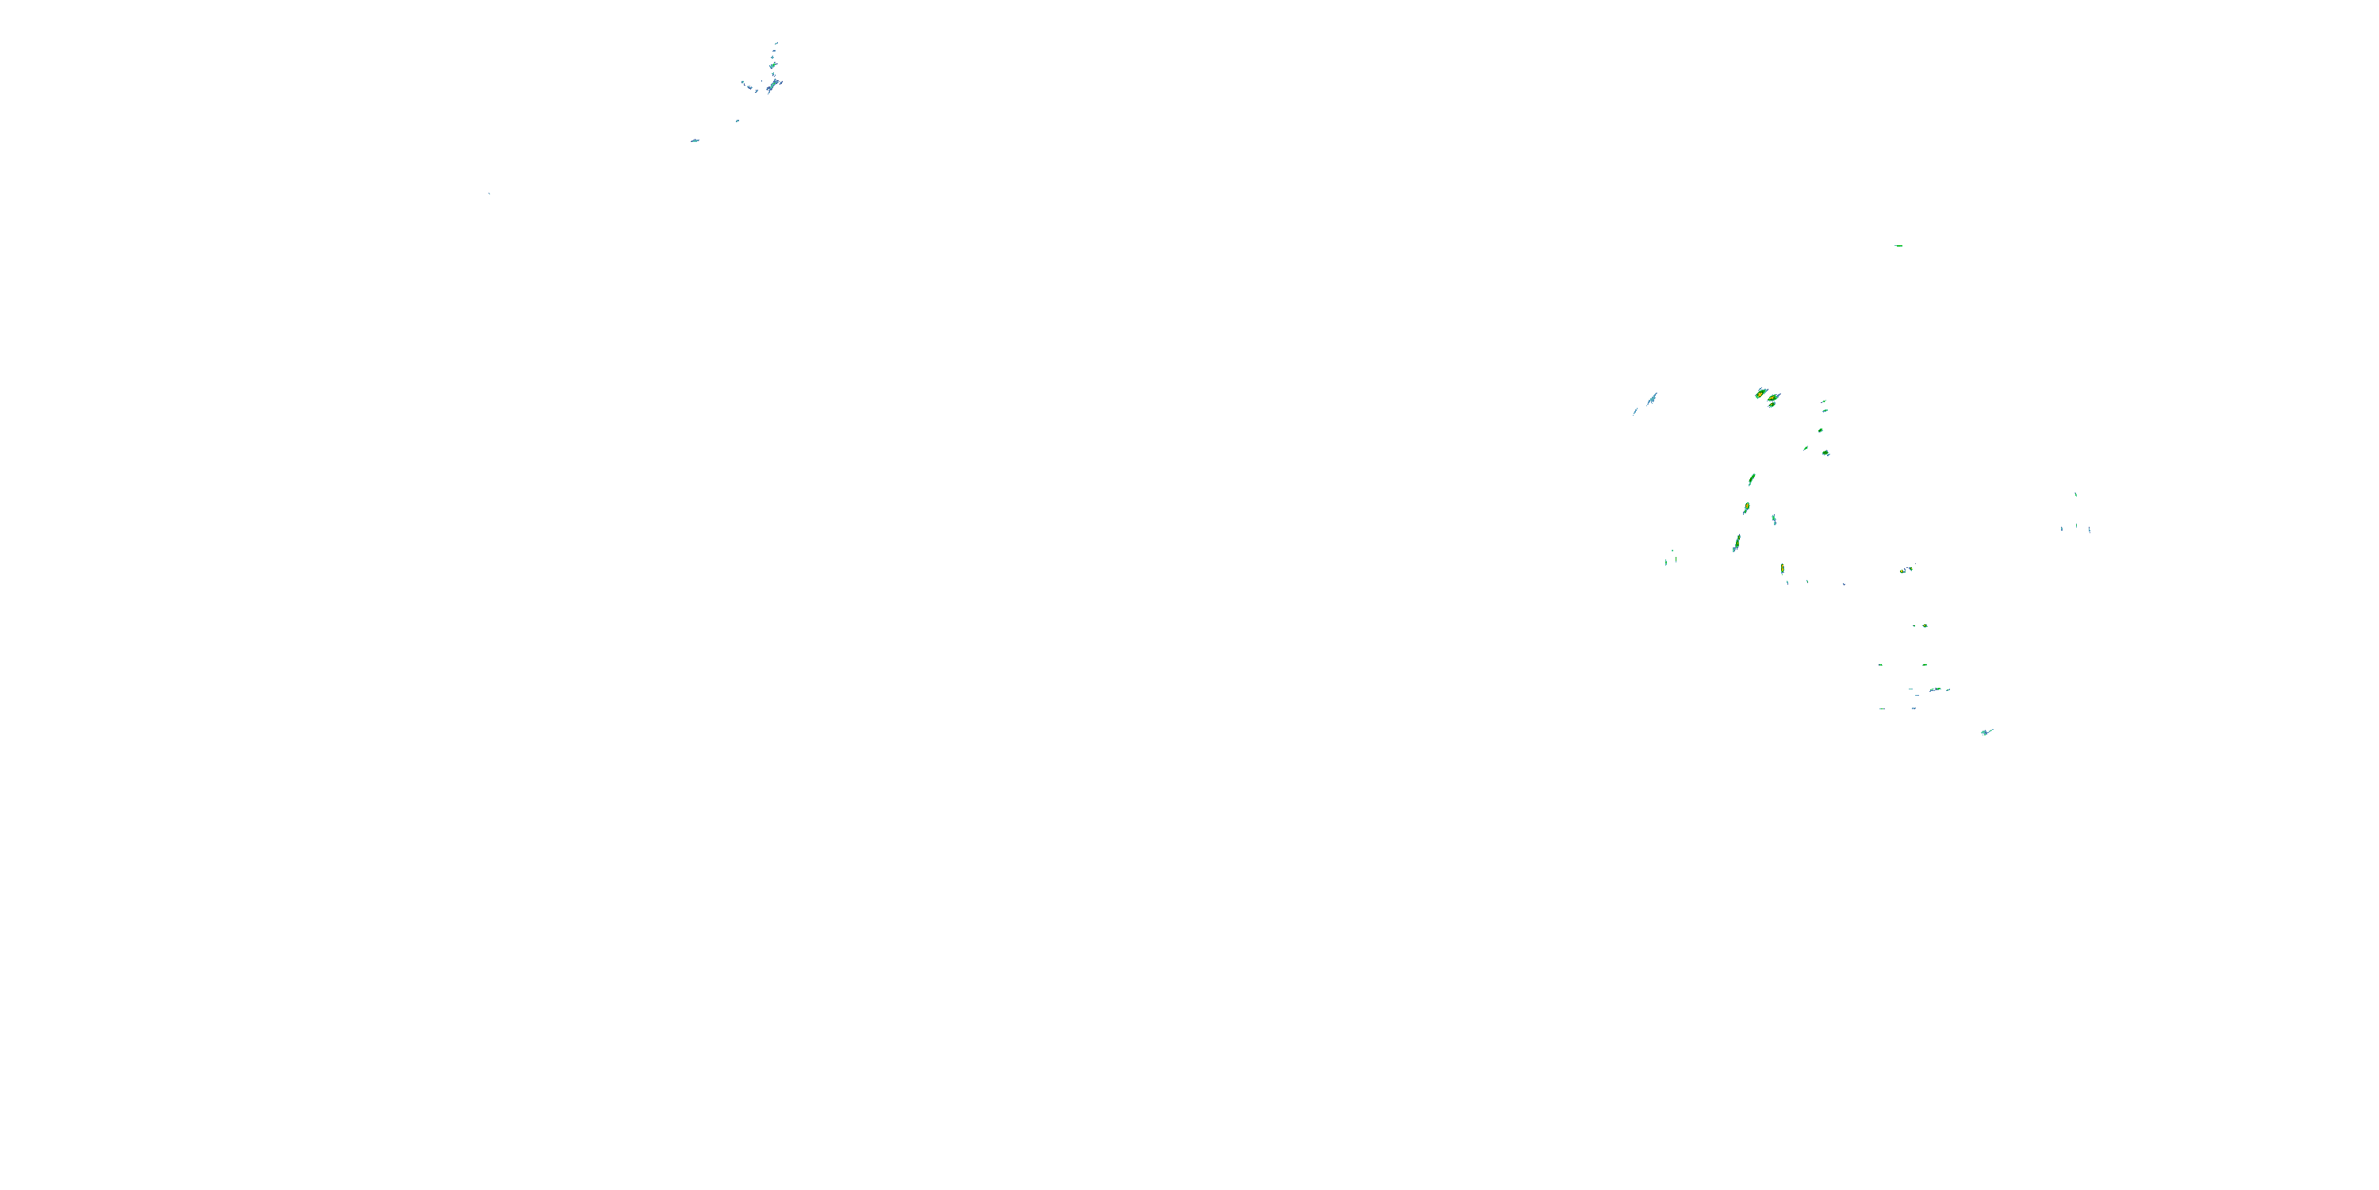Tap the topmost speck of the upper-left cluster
(x=776, y=43)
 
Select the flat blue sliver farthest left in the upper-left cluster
(x=695, y=140)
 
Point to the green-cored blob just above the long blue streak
(x=773, y=66)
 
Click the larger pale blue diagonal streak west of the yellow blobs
(x=1651, y=399)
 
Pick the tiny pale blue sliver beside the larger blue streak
(x=1635, y=411)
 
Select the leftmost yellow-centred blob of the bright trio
(x=1760, y=393)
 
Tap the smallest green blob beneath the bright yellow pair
(x=1772, y=405)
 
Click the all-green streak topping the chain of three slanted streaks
(x=1751, y=479)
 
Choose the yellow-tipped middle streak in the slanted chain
(x=1745, y=509)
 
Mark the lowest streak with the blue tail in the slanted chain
(x=1736, y=543)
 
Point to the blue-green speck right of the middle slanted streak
(x=1773, y=520)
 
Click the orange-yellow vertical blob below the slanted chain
(x=1782, y=568)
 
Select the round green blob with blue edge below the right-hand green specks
(x=1825, y=454)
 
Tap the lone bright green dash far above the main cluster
(x=1898, y=246)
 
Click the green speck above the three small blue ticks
(x=2076, y=494)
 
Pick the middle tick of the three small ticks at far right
(x=2077, y=527)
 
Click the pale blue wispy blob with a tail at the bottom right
(x=1986, y=731)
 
